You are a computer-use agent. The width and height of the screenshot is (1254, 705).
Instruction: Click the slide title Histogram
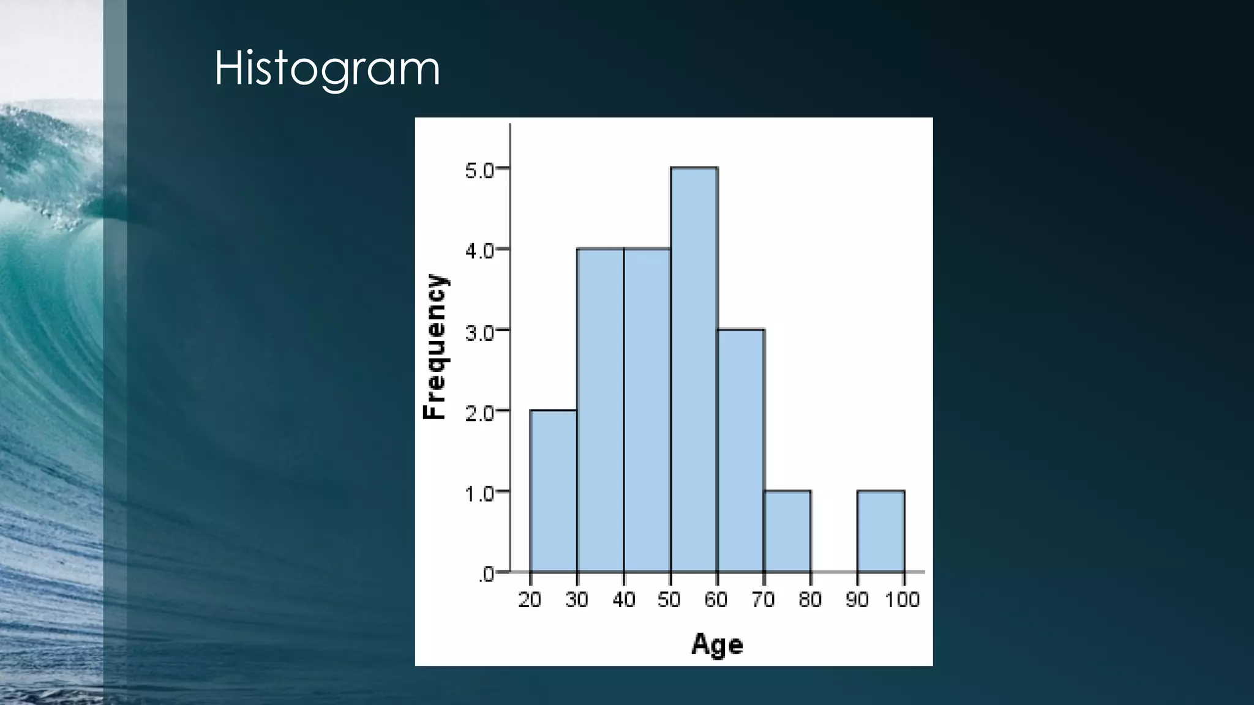pos(327,69)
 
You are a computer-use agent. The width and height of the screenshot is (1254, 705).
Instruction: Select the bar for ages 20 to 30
pos(553,491)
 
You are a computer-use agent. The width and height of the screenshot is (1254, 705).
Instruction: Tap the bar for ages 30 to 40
pos(600,410)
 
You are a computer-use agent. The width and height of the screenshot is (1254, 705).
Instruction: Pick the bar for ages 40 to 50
pos(647,410)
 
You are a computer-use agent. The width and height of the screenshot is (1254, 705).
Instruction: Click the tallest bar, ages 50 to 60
pos(694,370)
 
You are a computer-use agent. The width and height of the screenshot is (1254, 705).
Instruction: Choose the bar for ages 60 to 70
pos(741,451)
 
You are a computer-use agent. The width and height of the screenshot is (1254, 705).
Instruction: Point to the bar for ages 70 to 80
pos(787,531)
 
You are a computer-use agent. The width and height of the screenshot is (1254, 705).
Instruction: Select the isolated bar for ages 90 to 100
pos(881,531)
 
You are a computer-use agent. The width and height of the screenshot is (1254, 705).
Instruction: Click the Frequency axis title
pos(435,346)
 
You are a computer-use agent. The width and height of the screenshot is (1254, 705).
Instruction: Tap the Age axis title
pos(717,645)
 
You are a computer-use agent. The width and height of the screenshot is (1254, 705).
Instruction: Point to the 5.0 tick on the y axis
pos(479,171)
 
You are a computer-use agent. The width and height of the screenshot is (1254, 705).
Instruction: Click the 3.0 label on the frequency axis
pos(479,333)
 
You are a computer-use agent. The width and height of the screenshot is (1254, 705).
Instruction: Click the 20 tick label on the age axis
pos(530,600)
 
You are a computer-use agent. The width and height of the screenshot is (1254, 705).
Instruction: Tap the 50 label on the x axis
pos(669,600)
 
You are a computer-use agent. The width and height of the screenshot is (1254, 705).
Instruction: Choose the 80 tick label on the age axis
pos(810,600)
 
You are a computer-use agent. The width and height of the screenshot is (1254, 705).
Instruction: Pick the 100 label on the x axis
pos(903,600)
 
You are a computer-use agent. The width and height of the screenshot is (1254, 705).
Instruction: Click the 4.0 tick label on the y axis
pos(479,252)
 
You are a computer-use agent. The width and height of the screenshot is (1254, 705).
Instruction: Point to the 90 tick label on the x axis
pos(857,600)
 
